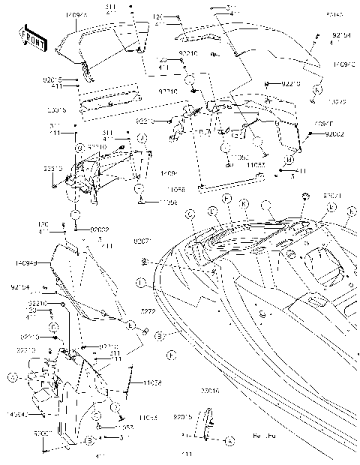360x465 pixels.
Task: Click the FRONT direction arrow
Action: tap(34, 38)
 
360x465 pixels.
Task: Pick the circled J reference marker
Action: tap(140, 139)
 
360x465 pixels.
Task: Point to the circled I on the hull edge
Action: tap(140, 283)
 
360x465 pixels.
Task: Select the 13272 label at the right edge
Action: tap(339, 100)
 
